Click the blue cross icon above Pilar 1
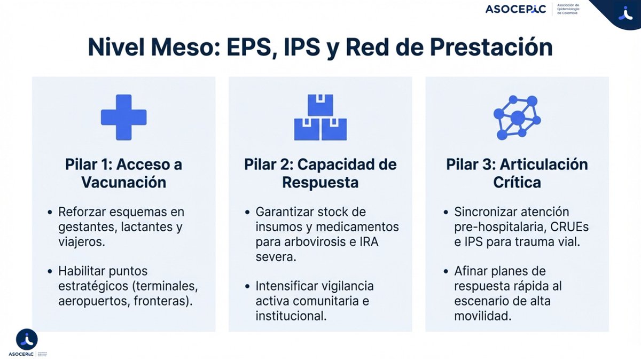tap(123, 117)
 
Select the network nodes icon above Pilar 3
tap(517, 117)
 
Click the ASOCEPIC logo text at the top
tap(515, 9)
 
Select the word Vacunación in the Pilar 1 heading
tap(123, 182)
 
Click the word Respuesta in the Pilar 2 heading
tap(320, 182)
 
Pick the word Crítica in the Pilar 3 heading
tap(517, 182)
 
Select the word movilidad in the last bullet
tap(483, 316)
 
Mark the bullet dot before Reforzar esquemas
tap(50, 212)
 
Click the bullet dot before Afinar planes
tap(446, 271)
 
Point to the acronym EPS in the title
tap(289, 48)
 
